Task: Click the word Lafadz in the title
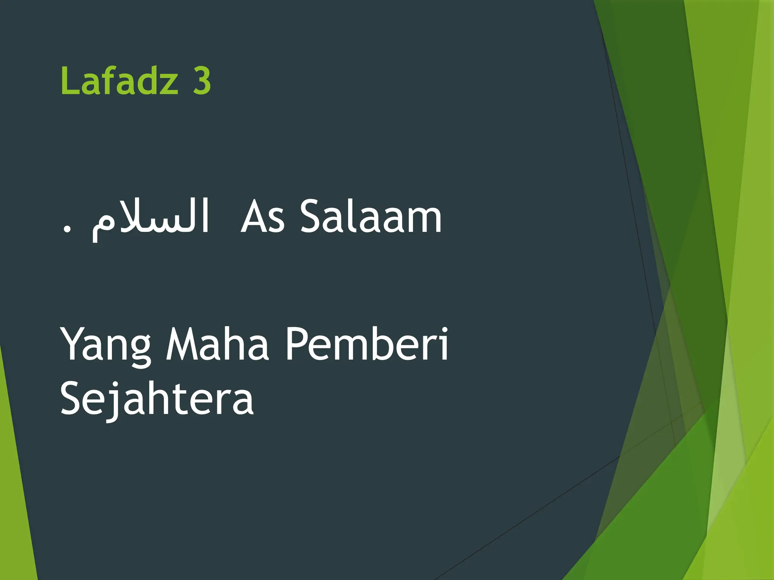119,80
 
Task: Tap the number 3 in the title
202,80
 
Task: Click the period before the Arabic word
67,229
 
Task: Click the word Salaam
371,217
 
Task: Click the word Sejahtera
157,398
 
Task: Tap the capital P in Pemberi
297,344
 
